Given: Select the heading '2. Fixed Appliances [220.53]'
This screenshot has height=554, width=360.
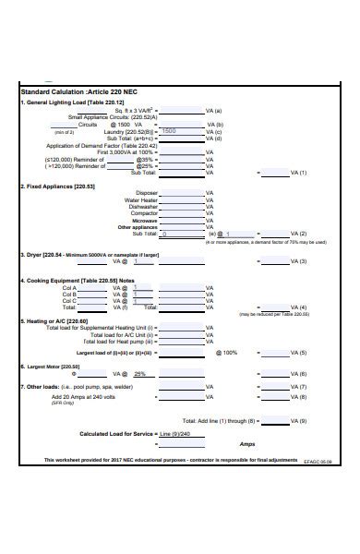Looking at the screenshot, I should click(57, 185).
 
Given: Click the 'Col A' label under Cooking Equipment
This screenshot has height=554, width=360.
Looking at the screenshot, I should click(69, 287).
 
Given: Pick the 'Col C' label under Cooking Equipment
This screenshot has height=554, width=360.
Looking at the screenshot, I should click(69, 301).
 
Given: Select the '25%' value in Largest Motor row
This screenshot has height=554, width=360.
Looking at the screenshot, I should click(140, 374).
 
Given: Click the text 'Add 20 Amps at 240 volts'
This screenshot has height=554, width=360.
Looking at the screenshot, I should click(83, 396).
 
